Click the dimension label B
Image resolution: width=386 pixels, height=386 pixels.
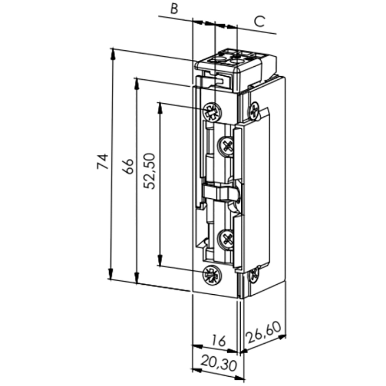pyautogui.click(x=174, y=9)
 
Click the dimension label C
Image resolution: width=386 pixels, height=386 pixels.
pyautogui.click(x=259, y=21)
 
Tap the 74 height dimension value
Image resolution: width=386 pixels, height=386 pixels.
pyautogui.click(x=103, y=161)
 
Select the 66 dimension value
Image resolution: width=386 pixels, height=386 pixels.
pyautogui.click(x=128, y=166)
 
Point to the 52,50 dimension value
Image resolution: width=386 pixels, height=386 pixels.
pyautogui.click(x=149, y=171)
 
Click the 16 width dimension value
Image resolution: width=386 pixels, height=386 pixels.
pyautogui.click(x=218, y=341)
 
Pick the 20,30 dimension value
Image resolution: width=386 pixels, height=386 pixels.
pyautogui.click(x=219, y=364)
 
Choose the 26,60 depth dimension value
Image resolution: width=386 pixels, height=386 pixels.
pyautogui.click(x=263, y=332)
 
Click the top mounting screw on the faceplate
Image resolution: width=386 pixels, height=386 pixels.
pyautogui.click(x=212, y=111)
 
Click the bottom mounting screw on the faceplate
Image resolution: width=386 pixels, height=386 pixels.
pyautogui.click(x=212, y=276)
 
